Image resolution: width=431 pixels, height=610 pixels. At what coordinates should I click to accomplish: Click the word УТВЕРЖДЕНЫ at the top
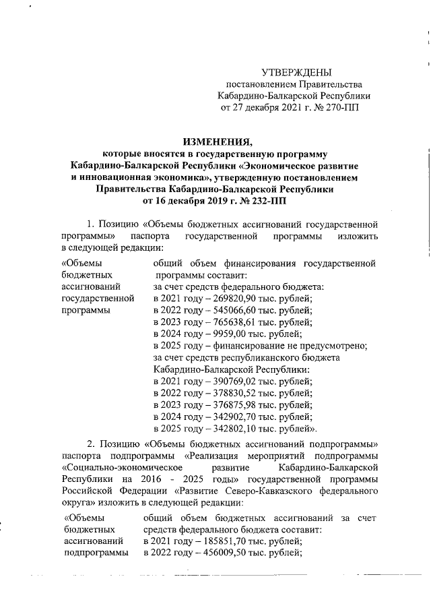point(296,72)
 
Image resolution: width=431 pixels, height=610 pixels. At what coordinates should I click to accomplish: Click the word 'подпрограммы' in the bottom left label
point(96,553)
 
